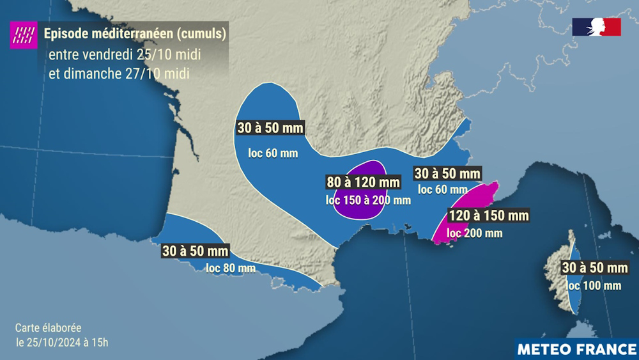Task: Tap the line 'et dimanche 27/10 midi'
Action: [x=119, y=73]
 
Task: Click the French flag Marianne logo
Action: [x=596, y=27]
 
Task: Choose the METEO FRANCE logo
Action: [x=576, y=349]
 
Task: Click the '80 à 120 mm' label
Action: [x=363, y=182]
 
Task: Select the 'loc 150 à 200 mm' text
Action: [x=368, y=200]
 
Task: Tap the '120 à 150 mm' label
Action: [x=488, y=215]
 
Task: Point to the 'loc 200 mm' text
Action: [x=475, y=233]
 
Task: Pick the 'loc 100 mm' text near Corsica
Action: [x=594, y=285]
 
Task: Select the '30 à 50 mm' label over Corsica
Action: [x=595, y=267]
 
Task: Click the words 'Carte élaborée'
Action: [x=48, y=327]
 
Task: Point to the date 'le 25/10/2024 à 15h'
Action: [x=61, y=342]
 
